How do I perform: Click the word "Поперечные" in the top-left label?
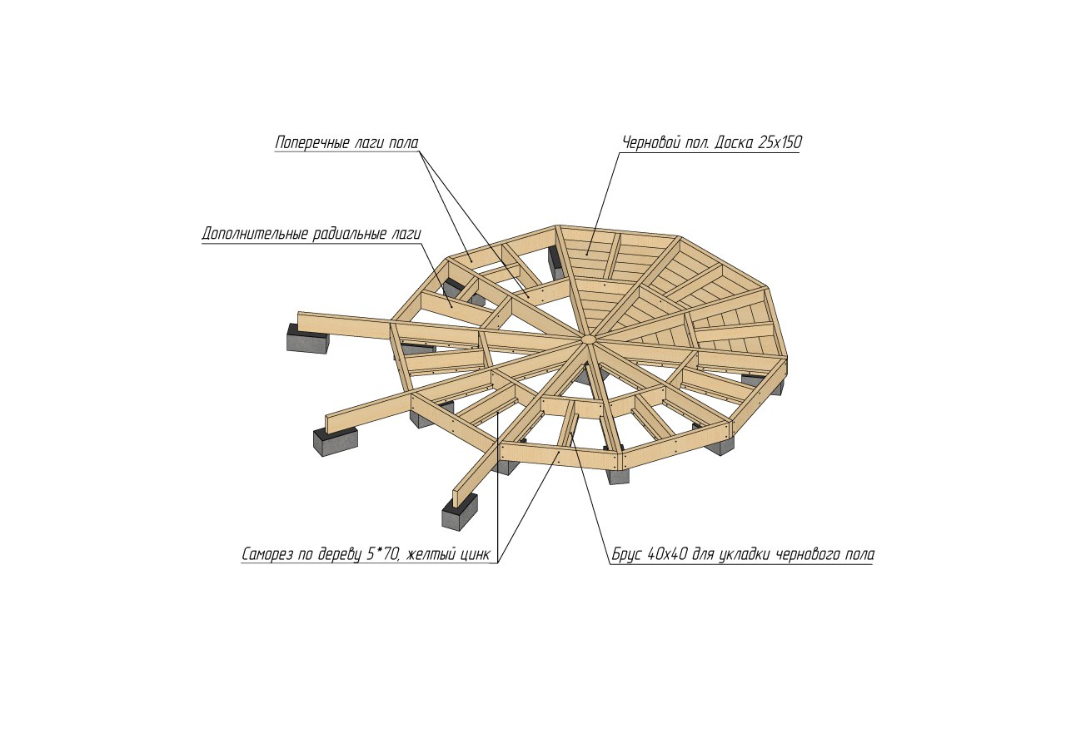coord(312,142)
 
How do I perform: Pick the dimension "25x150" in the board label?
coord(779,142)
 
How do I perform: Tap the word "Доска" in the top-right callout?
coord(733,142)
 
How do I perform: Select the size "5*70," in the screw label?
coord(383,554)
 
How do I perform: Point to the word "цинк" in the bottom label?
coord(474,555)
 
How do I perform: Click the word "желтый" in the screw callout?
coord(428,554)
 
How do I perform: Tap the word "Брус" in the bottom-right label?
coord(627,554)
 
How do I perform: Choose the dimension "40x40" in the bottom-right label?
coord(668,554)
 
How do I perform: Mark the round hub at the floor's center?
coord(588,339)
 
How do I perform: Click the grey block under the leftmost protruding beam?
coord(308,338)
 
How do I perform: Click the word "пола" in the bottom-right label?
coord(858,555)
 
